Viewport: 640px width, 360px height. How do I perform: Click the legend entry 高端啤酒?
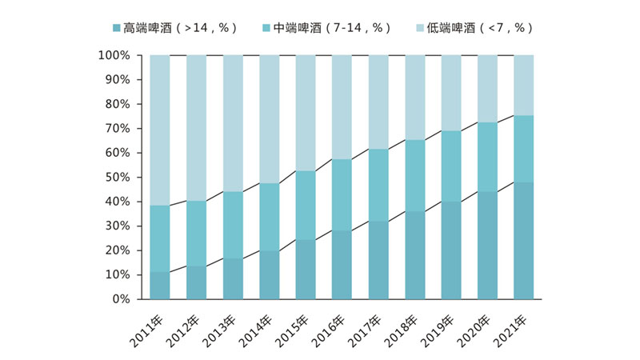(x=180, y=27)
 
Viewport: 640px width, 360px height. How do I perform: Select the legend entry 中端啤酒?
(x=332, y=27)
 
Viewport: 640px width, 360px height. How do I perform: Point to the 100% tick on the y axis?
(x=114, y=55)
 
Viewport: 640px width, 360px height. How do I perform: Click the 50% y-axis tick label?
(x=117, y=177)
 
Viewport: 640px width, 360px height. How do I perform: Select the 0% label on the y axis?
(x=120, y=299)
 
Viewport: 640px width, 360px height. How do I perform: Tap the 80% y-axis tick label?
(x=117, y=104)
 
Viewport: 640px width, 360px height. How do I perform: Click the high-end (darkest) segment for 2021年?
(x=523, y=241)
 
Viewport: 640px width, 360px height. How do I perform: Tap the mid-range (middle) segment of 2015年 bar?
(x=306, y=206)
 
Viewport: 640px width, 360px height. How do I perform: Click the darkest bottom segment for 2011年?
(x=160, y=286)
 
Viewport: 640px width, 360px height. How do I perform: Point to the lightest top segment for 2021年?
(x=523, y=85)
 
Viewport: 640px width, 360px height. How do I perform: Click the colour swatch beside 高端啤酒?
(x=117, y=28)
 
